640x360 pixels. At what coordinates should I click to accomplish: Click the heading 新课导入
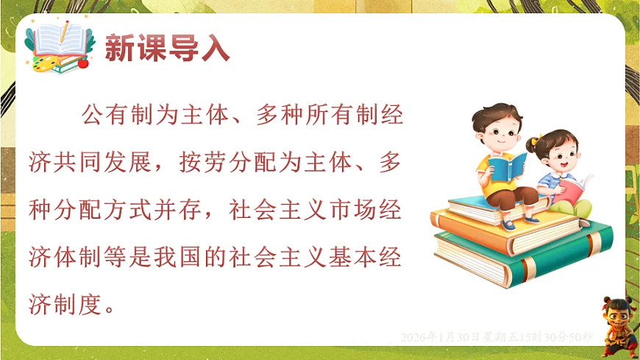pos(167,49)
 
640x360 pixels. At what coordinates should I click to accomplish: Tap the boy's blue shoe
pos(508,223)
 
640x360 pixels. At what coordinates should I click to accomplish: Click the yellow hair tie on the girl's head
pos(536,138)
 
